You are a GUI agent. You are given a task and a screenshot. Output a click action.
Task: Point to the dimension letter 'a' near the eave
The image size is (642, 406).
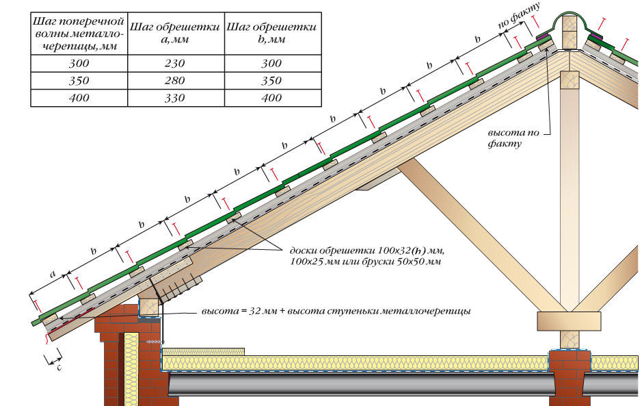coord(52,274)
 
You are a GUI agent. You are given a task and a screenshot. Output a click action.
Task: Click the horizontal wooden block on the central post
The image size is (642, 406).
coord(569,320)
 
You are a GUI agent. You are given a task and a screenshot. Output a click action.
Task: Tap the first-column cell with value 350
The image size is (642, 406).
coord(78,81)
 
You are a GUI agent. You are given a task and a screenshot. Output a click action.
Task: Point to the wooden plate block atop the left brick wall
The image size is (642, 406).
coord(150,307)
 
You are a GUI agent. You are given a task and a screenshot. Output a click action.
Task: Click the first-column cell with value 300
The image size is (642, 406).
coord(78,64)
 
